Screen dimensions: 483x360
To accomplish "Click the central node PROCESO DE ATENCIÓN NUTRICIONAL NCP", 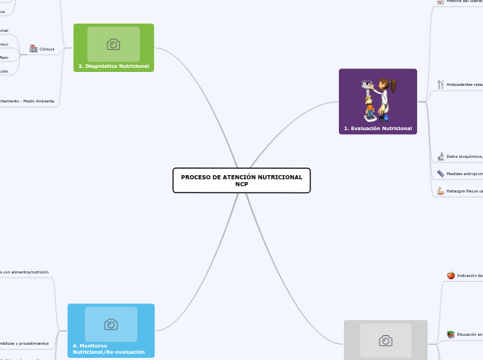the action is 241,181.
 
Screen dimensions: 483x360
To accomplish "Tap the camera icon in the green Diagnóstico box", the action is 114,44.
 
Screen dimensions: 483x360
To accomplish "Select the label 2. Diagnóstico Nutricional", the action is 114,66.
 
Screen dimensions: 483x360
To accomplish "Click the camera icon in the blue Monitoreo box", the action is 111,324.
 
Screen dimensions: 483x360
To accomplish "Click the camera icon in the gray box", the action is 386,341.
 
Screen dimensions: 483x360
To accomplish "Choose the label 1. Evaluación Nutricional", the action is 378,129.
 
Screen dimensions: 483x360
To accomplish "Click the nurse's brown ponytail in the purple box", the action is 392,87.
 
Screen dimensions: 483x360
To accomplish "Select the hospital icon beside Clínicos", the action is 33,48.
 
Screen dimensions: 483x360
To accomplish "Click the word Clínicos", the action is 47,49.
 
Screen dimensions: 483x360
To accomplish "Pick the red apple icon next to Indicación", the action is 450,276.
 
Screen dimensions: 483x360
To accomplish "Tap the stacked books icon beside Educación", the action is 450,334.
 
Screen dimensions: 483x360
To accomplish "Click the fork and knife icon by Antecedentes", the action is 441,84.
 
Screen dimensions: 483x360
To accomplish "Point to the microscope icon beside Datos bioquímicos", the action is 441,156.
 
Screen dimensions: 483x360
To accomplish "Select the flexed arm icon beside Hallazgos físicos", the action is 441,190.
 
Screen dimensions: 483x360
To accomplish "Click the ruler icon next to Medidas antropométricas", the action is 441,174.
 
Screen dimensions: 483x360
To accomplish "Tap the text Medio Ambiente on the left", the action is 39,101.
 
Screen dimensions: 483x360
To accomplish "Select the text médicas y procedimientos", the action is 25,343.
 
